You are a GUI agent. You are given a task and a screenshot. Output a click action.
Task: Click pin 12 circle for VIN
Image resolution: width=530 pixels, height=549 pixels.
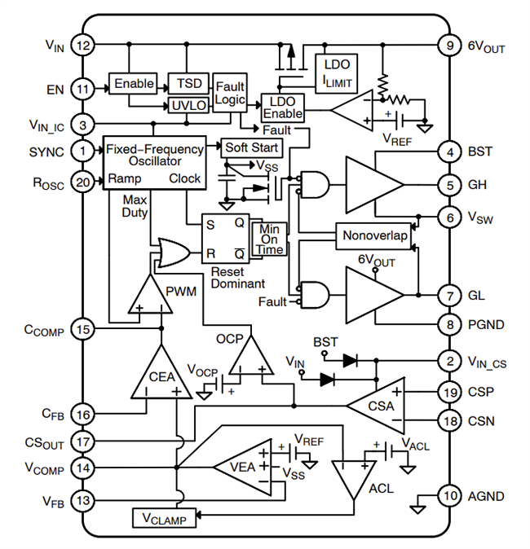coord(83,46)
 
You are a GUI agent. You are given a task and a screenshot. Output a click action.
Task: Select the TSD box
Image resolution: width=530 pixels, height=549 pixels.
coord(188,84)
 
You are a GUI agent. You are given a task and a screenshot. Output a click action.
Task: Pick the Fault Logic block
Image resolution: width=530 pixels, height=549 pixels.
coord(229,93)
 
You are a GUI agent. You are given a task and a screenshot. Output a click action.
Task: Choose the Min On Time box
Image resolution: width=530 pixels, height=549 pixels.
coord(271,238)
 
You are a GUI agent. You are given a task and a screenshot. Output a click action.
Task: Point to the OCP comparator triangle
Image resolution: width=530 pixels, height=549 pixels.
coord(251,355)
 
